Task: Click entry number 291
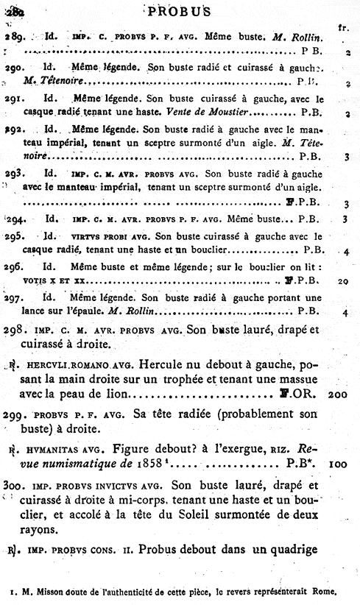tap(14, 96)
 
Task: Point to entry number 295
tap(15, 237)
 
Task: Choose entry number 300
tap(14, 485)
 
